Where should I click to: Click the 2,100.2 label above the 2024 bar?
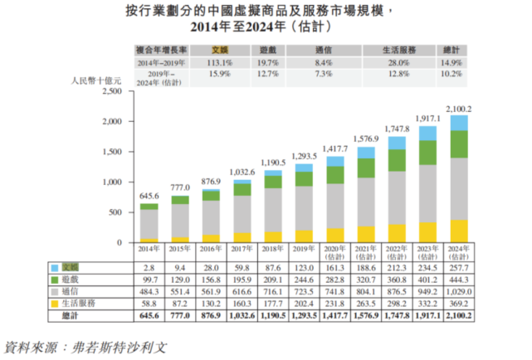point(458,109)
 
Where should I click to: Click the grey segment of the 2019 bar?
point(305,207)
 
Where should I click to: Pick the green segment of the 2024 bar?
point(458,144)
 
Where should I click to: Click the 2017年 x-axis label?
point(242,250)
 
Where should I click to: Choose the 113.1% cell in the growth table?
point(220,61)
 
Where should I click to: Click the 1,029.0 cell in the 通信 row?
point(458,292)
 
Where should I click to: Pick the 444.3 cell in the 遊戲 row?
point(458,280)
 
